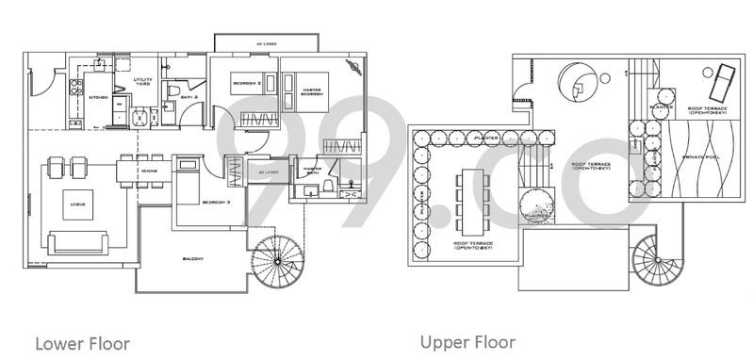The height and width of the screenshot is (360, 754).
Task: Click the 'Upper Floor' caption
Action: [x=467, y=341]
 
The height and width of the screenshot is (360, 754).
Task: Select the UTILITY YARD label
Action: [x=142, y=84]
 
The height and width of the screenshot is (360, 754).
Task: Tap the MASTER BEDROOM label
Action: [x=312, y=93]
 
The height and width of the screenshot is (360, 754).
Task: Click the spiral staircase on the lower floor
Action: [x=281, y=260]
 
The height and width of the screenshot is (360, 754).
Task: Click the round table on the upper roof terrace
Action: [x=575, y=82]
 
